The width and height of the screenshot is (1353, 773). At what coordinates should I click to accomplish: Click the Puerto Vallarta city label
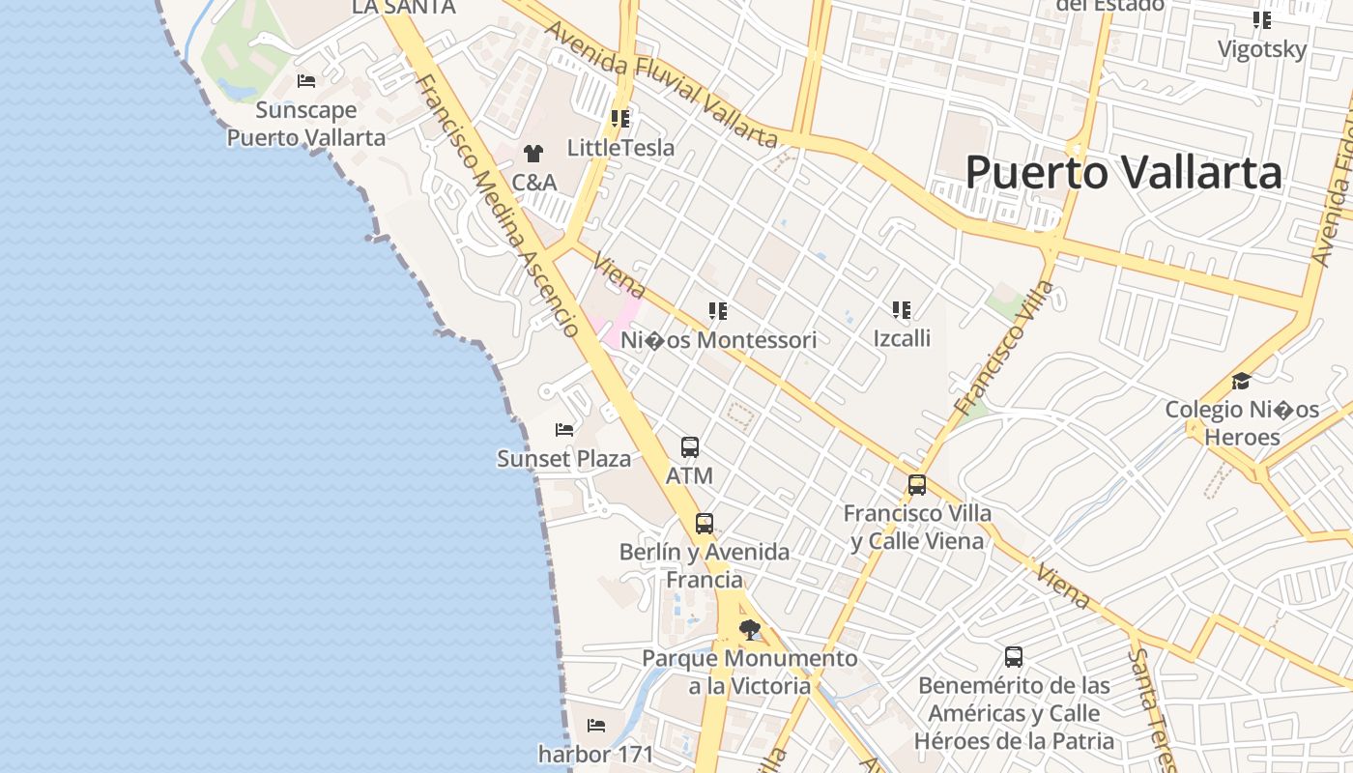pos(1123,173)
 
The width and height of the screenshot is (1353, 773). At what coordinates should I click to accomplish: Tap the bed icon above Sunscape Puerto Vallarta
pos(306,81)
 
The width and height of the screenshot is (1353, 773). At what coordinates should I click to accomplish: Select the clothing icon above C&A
pos(533,153)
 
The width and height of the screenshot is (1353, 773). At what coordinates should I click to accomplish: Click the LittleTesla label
pos(620,148)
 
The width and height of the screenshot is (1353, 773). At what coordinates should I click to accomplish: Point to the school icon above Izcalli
pos(902,309)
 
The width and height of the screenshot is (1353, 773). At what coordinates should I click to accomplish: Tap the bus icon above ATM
pos(689,447)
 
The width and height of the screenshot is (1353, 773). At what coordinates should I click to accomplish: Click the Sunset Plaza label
pos(563,458)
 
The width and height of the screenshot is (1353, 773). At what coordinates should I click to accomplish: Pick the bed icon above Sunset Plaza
pos(564,429)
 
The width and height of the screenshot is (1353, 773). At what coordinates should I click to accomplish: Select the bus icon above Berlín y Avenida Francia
pos(705,524)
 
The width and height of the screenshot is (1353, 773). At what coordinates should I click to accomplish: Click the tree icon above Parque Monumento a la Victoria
pos(749,630)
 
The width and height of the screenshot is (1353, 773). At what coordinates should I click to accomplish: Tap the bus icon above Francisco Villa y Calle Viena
pos(916,485)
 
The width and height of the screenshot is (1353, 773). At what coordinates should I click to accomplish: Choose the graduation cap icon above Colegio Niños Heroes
pos(1241,381)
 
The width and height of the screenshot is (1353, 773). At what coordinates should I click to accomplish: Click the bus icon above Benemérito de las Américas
pos(1013,657)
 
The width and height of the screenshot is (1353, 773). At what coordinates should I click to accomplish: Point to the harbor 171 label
pos(595,753)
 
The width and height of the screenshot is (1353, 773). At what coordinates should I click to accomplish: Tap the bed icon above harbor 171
pos(596,725)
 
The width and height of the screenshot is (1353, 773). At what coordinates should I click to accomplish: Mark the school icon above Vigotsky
pos(1261,20)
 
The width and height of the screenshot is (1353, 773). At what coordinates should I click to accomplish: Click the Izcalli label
pos(902,337)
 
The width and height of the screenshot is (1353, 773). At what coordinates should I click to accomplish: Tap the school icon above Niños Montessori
pos(717,311)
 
